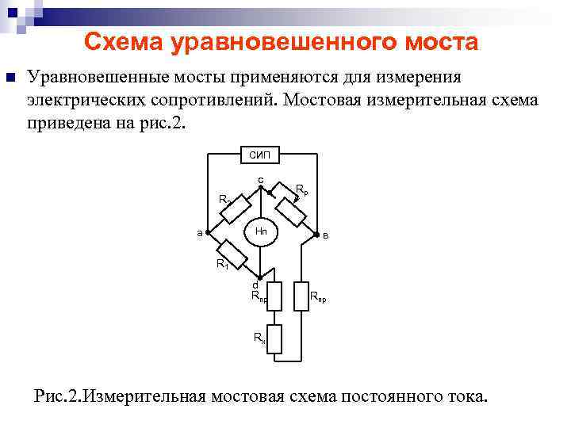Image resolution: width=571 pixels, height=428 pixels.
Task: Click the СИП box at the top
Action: click(259, 155)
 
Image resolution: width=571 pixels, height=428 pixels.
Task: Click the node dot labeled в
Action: click(316, 235)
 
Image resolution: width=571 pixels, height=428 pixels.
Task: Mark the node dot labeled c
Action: click(260, 187)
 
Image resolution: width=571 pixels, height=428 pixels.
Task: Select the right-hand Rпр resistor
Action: click(301, 295)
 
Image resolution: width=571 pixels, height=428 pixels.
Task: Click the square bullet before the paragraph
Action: click(10, 78)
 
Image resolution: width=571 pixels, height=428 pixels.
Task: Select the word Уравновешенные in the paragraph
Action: click(98, 78)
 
